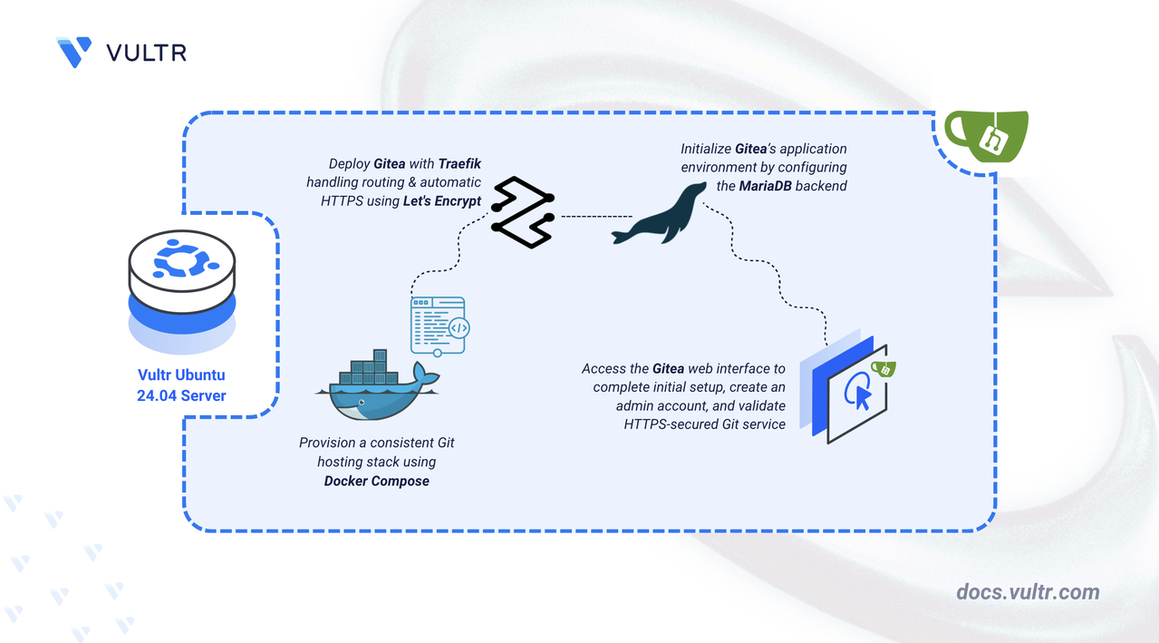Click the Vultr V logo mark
pyautogui.click(x=74, y=52)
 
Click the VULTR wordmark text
pyautogui.click(x=147, y=53)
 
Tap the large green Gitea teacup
pyautogui.click(x=986, y=136)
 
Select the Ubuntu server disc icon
pyautogui.click(x=181, y=291)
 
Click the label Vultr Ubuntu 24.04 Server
pyautogui.click(x=181, y=385)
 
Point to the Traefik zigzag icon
pyautogui.click(x=523, y=212)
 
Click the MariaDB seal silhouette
pyautogui.click(x=659, y=213)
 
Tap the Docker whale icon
pyautogui.click(x=378, y=385)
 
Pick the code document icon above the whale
pyautogui.click(x=439, y=326)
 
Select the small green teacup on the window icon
pyautogui.click(x=884, y=368)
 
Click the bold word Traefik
pyautogui.click(x=459, y=163)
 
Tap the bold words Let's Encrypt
pyautogui.click(x=442, y=200)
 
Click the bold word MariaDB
pyautogui.click(x=765, y=186)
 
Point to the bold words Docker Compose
pyautogui.click(x=377, y=481)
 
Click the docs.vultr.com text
pyautogui.click(x=1028, y=592)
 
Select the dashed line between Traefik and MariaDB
pyautogui.click(x=596, y=217)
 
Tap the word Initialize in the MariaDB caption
pyautogui.click(x=706, y=149)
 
